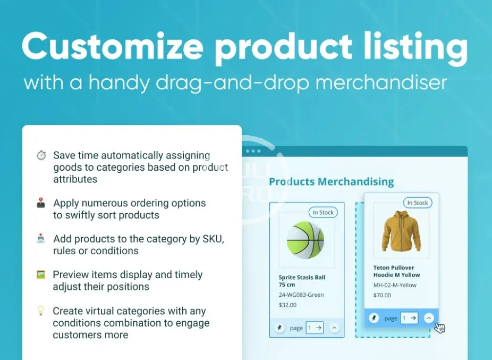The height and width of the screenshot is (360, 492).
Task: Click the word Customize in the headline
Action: click(112, 46)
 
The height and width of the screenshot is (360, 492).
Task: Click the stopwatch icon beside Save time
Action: click(41, 155)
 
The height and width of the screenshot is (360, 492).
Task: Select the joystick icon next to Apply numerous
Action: click(41, 203)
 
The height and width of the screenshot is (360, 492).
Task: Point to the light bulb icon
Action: click(41, 311)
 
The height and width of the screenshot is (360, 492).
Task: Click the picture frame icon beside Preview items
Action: click(41, 274)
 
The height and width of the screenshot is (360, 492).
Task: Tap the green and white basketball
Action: click(306, 240)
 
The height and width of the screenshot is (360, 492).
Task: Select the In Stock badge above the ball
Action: click(323, 213)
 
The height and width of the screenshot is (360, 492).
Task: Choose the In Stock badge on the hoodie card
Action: click(418, 203)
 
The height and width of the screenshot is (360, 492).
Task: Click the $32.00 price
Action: click(287, 305)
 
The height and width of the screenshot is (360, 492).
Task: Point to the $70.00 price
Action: click(382, 295)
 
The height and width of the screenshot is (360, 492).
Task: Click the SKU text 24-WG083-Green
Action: click(301, 295)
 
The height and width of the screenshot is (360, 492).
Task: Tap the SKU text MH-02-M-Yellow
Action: click(395, 285)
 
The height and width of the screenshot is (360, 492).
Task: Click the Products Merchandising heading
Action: click(332, 181)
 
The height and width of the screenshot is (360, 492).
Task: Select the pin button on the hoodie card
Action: click(374, 318)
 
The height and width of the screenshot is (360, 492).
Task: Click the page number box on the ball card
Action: click(315, 328)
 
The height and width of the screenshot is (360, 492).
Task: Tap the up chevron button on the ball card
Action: click(335, 328)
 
